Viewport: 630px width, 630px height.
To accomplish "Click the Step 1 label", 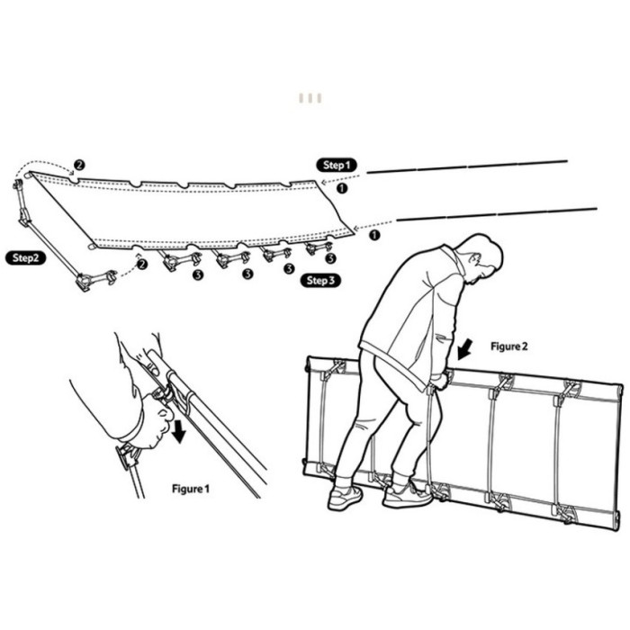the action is tap(337, 165).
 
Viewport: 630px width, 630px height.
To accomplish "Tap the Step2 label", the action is tap(25, 258).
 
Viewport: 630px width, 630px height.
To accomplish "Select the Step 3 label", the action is tap(320, 281).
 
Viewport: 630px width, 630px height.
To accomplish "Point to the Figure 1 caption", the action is tap(191, 489).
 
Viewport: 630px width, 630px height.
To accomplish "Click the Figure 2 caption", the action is tap(508, 346).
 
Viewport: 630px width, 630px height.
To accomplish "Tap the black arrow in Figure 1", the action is tap(178, 430).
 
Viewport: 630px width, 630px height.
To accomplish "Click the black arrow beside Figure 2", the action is tap(465, 348).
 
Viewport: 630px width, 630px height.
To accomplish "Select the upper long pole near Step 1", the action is tap(467, 166).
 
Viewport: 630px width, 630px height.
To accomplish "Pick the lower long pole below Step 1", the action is tap(497, 214).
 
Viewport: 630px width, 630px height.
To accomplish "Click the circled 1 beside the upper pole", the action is tap(341, 187).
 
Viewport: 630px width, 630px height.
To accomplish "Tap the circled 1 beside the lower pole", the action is tap(374, 235).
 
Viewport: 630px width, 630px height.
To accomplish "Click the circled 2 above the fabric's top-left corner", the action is tap(79, 165).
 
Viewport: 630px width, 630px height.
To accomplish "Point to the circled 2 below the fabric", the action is tap(141, 264).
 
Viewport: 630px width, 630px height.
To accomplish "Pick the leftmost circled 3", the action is tap(198, 274).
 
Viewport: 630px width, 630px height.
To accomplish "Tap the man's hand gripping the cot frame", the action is tap(440, 380).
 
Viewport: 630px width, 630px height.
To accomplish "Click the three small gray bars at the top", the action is tap(310, 98).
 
